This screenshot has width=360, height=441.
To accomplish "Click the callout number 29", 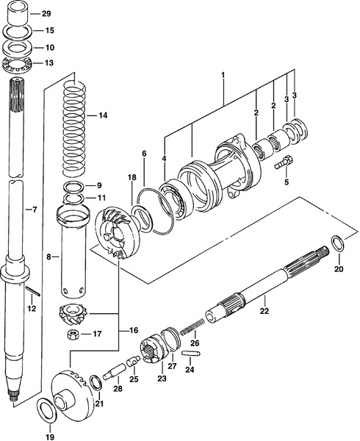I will point(46,14).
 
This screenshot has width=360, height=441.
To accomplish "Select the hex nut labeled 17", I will point(74,334).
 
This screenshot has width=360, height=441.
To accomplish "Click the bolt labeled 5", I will point(284,162).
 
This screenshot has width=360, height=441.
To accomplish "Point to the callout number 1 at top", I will point(223,75).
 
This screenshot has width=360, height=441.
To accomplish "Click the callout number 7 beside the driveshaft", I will point(31,210).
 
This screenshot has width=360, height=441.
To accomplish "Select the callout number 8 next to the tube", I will point(49,257).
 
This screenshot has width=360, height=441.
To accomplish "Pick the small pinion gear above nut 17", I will point(72,313).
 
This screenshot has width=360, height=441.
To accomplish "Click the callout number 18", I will point(132,178).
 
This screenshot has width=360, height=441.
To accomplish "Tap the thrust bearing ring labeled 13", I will point(16,63).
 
